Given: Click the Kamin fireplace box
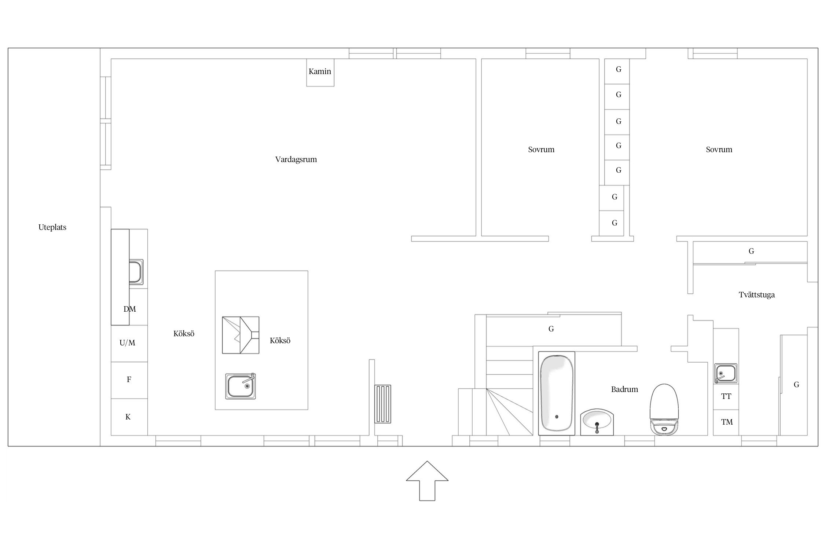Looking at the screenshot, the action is click(x=320, y=73).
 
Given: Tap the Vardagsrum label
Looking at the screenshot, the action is click(x=296, y=159).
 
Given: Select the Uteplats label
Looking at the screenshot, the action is click(x=52, y=227).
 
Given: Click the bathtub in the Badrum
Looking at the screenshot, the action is click(x=556, y=393).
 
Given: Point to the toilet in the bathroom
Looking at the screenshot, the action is click(x=664, y=409).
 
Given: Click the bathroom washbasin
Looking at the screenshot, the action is click(x=597, y=422).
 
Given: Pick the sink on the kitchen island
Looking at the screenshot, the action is click(x=241, y=386).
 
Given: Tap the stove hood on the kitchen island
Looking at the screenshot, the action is click(x=241, y=335).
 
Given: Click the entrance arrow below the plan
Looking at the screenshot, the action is click(x=427, y=481).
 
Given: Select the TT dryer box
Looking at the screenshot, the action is click(x=726, y=397).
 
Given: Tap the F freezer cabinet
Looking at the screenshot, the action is click(x=129, y=380).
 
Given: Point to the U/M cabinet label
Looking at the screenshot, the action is click(x=127, y=343).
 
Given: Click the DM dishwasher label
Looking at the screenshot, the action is click(x=130, y=309).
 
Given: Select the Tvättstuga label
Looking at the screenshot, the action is click(x=757, y=295).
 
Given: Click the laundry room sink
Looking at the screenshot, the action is click(x=726, y=374).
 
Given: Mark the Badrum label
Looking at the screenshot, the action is click(x=624, y=389).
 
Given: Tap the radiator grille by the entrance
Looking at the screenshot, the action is click(x=383, y=404).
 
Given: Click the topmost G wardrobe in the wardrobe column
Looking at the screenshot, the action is click(x=617, y=71).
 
